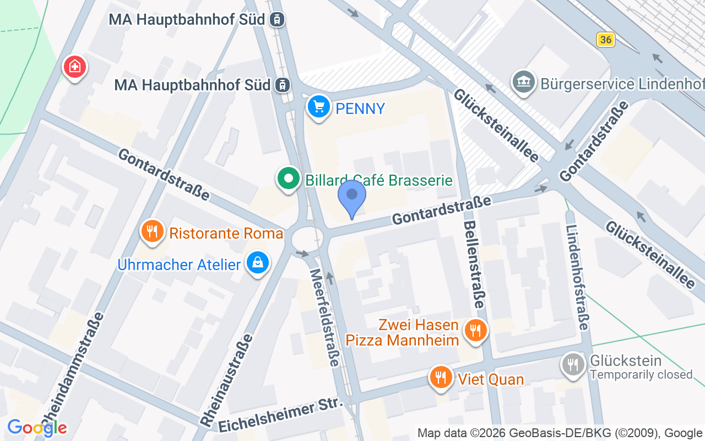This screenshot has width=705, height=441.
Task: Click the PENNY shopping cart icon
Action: pyautogui.click(x=318, y=106)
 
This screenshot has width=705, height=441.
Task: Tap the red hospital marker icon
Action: pyautogui.click(x=74, y=67)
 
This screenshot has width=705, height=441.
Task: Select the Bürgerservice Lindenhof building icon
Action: pyautogui.click(x=523, y=82)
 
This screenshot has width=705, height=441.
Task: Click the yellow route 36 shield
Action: pyautogui.click(x=605, y=40)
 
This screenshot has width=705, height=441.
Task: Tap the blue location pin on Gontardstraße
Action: pyautogui.click(x=352, y=197)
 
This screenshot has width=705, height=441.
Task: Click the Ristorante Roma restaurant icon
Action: pyautogui.click(x=153, y=232)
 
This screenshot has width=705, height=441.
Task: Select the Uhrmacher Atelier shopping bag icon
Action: pyautogui.click(x=257, y=263)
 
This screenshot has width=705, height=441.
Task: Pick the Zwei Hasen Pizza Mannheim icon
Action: pyautogui.click(x=474, y=331)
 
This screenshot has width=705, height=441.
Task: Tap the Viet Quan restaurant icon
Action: pyautogui.click(x=441, y=378)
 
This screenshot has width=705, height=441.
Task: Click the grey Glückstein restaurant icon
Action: pyautogui.click(x=573, y=364)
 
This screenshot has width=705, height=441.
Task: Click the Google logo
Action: pyautogui.click(x=37, y=427)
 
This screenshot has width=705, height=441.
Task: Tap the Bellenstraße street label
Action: pyautogui.click(x=474, y=265)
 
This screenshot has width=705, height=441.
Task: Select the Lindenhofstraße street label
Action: pyautogui.click(x=576, y=278)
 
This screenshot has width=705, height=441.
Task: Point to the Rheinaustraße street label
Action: pyautogui.click(x=227, y=379)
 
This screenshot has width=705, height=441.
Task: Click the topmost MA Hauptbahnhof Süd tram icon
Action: pyautogui.click(x=277, y=20)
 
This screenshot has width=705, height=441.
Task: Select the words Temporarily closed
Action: pyautogui.click(x=641, y=375)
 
